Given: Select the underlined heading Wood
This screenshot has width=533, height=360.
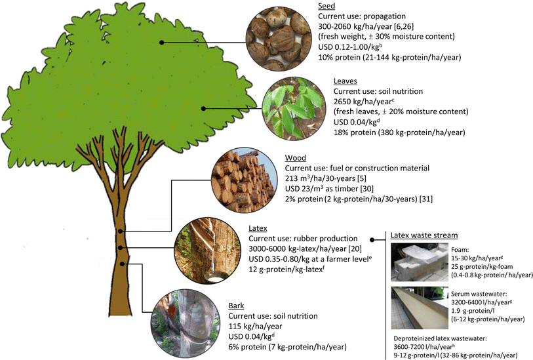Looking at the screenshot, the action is pos(296,158).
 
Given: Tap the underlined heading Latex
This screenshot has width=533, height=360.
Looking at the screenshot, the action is pos(260,228).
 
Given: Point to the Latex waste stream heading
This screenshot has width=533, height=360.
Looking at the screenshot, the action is pos(424,235).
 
